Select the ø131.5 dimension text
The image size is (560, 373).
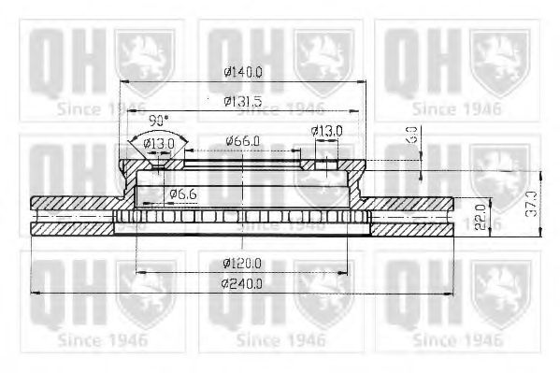point(241,101)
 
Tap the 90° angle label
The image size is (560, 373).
point(158,120)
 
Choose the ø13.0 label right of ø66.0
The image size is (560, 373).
point(327,132)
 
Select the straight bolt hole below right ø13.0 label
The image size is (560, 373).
point(327,167)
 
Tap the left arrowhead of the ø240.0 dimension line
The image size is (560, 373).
point(35,292)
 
